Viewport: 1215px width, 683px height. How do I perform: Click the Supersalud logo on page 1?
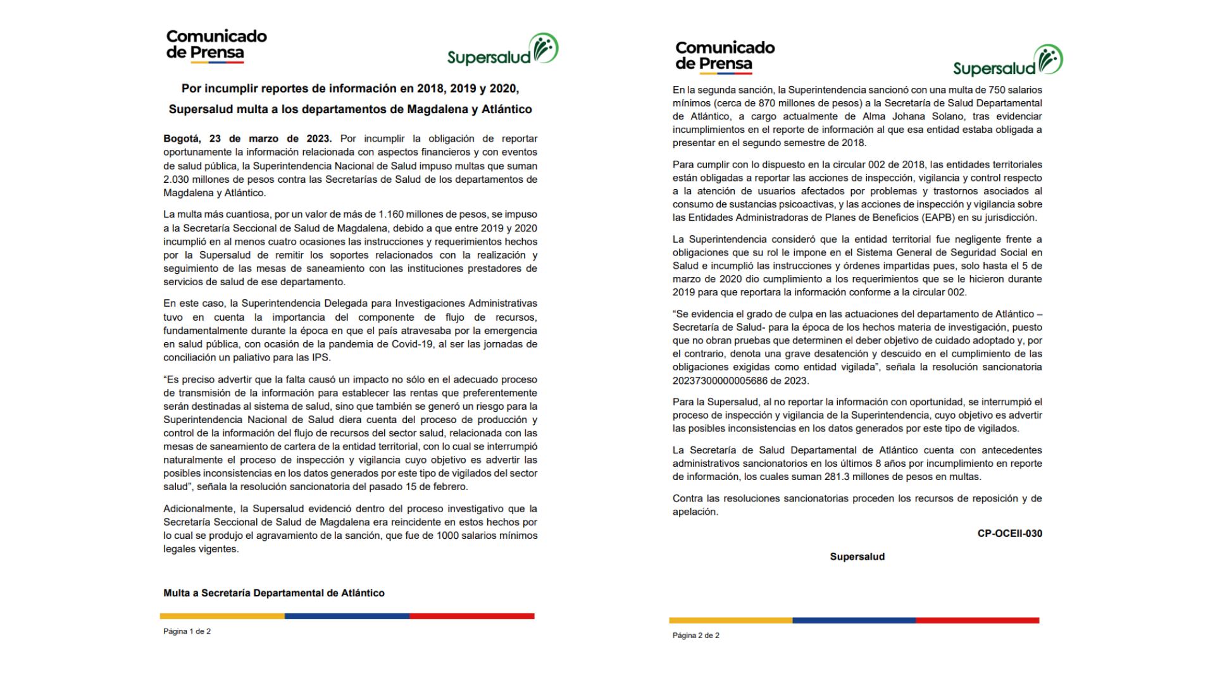tap(502, 51)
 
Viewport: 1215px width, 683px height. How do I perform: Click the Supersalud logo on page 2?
tap(1007, 61)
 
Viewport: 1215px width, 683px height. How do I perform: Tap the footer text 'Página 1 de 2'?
tap(187, 631)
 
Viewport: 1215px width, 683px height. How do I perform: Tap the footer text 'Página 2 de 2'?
tap(695, 636)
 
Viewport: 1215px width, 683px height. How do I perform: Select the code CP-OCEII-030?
tap(1009, 534)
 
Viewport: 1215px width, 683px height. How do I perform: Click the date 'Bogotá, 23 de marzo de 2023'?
tap(247, 138)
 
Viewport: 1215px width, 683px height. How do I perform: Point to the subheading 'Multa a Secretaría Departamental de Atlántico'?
tap(273, 593)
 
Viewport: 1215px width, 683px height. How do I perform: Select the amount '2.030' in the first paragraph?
tap(177, 180)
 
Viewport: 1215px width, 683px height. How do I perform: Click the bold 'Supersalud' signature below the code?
tap(857, 557)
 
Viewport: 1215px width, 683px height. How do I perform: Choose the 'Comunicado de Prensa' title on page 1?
tap(216, 44)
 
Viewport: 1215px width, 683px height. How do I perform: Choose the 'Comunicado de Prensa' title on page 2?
tap(725, 56)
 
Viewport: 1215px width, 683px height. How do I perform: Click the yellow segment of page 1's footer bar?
tap(222, 616)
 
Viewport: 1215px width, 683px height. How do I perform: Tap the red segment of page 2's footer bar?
tap(977, 620)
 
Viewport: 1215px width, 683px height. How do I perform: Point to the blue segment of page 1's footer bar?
tap(347, 616)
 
